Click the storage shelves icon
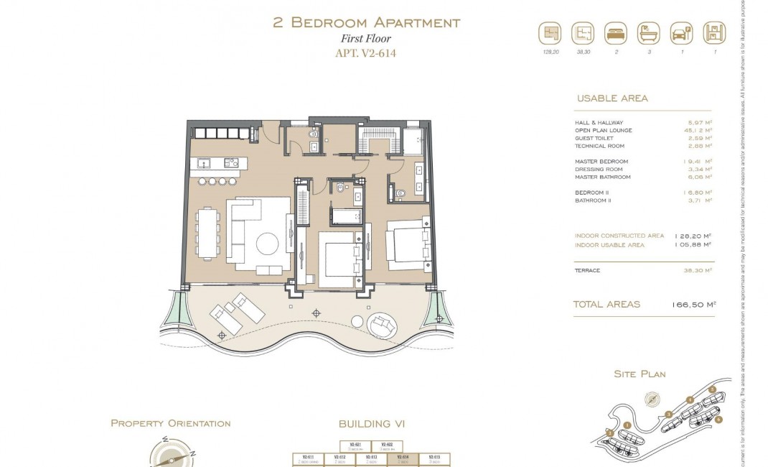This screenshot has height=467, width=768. [715, 33]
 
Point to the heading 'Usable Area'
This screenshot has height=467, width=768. [612, 98]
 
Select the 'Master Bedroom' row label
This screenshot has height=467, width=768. [601, 162]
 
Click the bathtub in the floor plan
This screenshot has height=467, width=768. [347, 215]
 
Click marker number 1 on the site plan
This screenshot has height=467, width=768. [626, 425]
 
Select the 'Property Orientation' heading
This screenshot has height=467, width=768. [170, 424]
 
